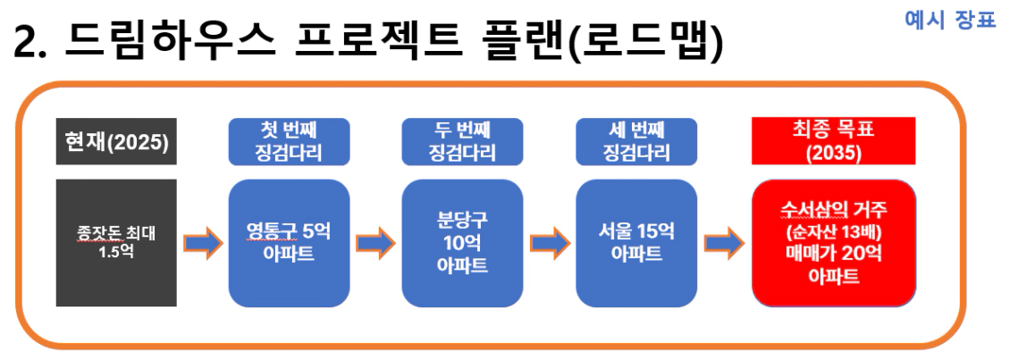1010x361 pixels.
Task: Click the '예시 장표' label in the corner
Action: [x=950, y=20]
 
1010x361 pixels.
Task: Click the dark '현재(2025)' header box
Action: [x=116, y=141]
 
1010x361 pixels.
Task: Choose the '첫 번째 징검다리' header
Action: [x=290, y=141]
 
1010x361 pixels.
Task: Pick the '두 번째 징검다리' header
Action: [x=462, y=141]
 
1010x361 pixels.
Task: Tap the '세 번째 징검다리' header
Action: [x=636, y=141]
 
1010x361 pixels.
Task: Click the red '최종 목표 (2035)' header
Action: [x=834, y=141]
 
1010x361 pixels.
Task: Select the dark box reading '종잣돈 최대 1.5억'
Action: [x=116, y=242]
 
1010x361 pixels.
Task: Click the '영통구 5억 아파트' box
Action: [x=290, y=243]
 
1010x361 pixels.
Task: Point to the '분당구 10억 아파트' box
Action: [x=462, y=243]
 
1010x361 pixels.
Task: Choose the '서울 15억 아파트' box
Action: [x=636, y=243]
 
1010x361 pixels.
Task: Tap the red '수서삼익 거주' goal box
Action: [x=834, y=243]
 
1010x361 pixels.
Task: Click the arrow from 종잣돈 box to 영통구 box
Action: [x=203, y=243]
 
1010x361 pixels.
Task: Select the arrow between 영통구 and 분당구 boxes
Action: [x=376, y=243]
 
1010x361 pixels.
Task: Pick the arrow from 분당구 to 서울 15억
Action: [x=550, y=243]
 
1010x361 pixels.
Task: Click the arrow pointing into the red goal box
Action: [x=724, y=243]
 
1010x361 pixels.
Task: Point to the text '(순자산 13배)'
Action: [x=834, y=231]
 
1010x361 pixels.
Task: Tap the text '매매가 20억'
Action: [x=834, y=254]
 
